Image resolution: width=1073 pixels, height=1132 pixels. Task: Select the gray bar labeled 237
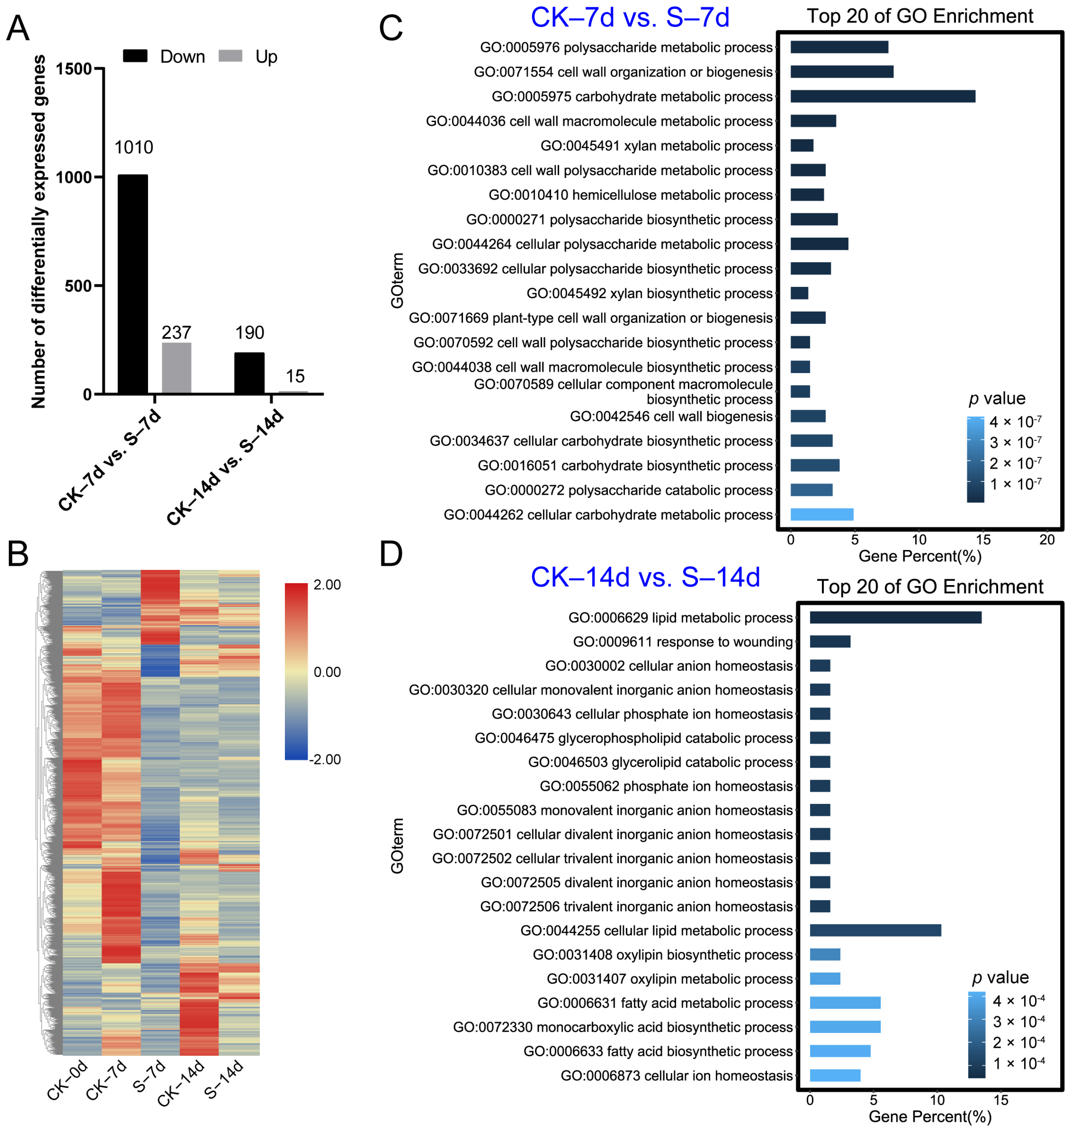click(x=177, y=368)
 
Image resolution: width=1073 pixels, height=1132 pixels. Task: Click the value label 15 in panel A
click(x=295, y=376)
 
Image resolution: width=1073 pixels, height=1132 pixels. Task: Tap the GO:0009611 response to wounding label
click(x=683, y=642)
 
